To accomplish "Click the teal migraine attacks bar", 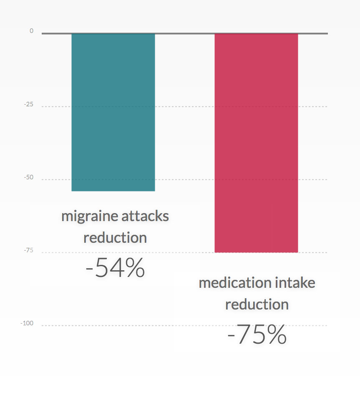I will (113, 112).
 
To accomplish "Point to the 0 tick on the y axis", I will (31, 31).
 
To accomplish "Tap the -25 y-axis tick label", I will (28, 104).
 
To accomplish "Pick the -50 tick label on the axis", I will (28, 177).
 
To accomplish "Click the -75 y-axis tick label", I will (28, 250).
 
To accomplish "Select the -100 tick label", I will (27, 323).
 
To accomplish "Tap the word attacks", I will (145, 216).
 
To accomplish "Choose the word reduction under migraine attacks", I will (115, 238).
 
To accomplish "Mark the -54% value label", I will (115, 268).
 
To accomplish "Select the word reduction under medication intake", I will (257, 304).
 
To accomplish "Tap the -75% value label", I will (257, 335).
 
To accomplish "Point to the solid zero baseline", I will (184, 33).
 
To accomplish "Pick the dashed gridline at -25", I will (184, 106).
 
